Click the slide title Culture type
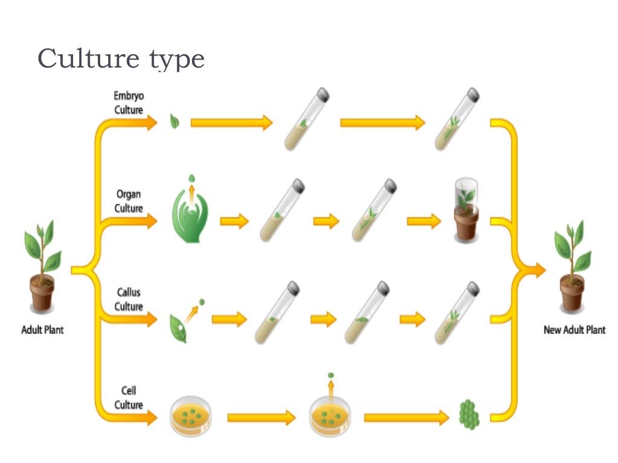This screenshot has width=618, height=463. point(121,60)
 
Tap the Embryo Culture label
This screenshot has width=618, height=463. point(129,102)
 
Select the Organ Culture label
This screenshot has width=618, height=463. point(129,201)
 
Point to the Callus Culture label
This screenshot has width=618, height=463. point(129,300)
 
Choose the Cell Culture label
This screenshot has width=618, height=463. point(129,398)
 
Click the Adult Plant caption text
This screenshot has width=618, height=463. point(42,330)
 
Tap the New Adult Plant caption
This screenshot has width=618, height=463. point(575,330)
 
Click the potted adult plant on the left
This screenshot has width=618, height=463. point(42,265)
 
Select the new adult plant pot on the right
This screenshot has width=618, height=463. point(572,265)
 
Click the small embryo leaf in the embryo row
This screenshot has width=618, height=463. point(174,122)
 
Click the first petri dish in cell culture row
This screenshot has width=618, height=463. point(191,416)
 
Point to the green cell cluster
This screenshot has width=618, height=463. point(468,414)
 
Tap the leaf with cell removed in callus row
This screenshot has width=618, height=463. point(179,326)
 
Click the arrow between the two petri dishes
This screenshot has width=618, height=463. point(261,417)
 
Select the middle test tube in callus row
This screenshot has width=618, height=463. point(367,313)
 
